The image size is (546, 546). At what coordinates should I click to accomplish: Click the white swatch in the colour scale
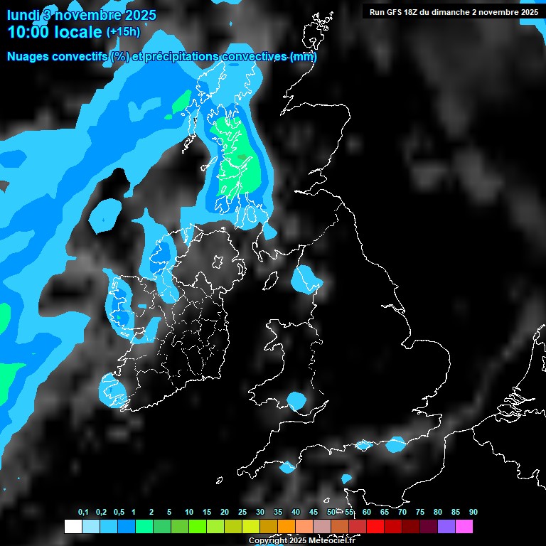tap(73, 527)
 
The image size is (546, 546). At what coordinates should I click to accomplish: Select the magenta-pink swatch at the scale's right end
tap(464, 527)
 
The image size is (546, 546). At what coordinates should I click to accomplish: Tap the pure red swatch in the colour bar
tap(375, 527)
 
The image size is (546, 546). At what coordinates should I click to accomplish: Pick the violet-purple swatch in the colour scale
tap(446, 527)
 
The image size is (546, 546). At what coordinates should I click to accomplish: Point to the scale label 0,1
tap(82, 512)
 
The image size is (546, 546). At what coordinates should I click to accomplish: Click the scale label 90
tap(473, 512)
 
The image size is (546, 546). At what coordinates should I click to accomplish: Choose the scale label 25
tap(242, 512)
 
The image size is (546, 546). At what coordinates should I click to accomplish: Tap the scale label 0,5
tap(119, 512)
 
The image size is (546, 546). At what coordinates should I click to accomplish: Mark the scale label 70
tap(402, 512)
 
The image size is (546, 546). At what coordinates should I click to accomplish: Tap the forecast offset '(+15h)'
tap(123, 32)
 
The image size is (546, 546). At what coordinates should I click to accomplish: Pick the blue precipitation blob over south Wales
tap(296, 400)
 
